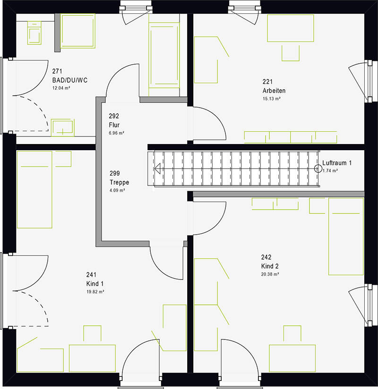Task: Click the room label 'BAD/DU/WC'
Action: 70,80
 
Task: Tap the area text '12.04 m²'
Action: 61,88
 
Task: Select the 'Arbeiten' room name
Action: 274,91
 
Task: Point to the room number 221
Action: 267,82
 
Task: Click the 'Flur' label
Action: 114,125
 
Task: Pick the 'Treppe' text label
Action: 120,182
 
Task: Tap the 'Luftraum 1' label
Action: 337,163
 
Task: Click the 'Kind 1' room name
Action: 95,284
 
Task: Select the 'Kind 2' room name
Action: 270,266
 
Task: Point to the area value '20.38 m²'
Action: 270,274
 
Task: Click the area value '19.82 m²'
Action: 95,292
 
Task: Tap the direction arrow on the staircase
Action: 157,169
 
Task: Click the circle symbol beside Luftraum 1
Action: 318,169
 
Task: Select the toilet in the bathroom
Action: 34,33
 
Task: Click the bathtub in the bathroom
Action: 164,55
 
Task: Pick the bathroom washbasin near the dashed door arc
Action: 62,127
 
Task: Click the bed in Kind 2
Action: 346,237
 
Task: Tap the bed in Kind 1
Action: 34,189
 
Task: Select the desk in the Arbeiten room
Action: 290,28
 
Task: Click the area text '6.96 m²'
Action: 117,133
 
